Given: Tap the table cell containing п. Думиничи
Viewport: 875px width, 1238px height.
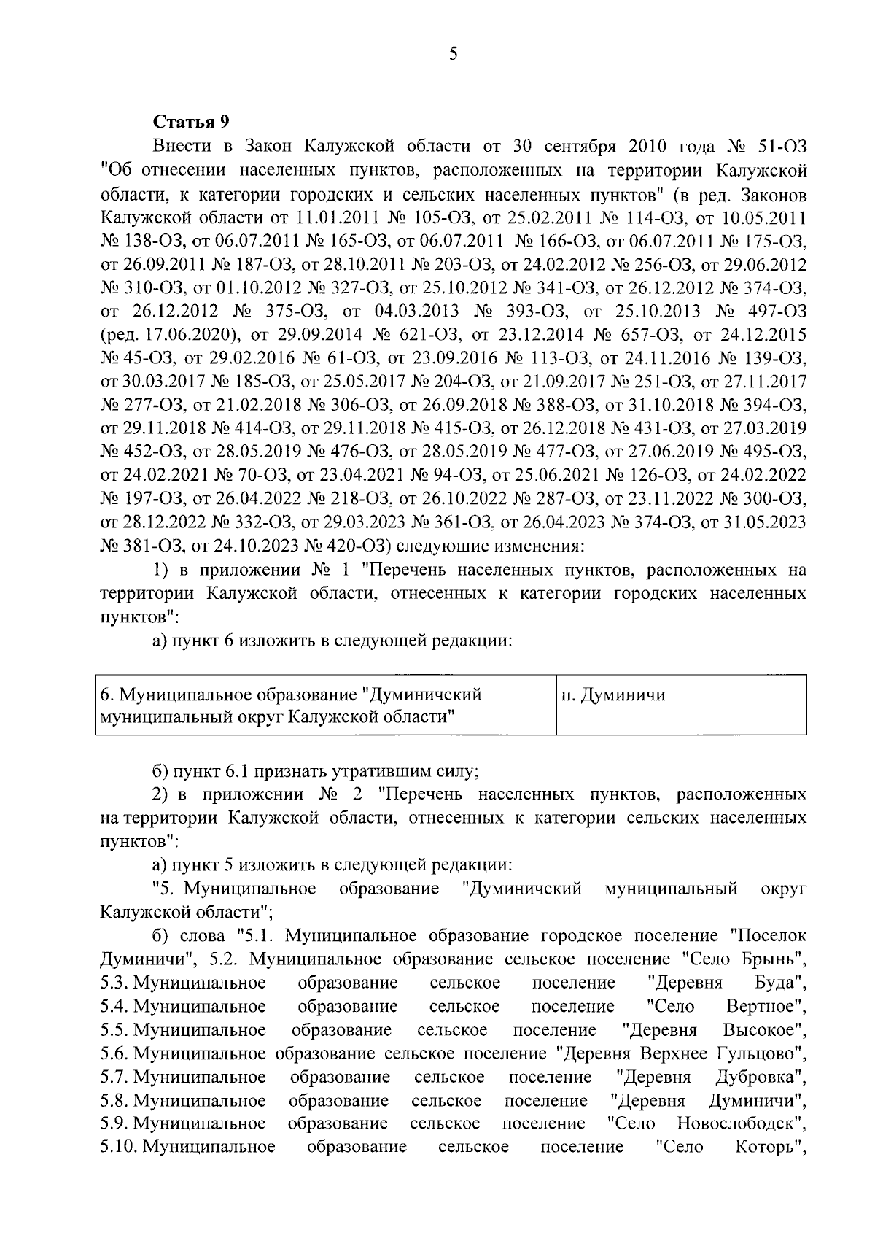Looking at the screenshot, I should tap(680, 703).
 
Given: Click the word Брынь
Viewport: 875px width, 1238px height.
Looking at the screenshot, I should tap(777, 959).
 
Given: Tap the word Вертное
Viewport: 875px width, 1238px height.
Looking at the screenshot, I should tap(766, 1006).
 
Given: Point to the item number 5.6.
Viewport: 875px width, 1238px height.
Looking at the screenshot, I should tap(114, 1053).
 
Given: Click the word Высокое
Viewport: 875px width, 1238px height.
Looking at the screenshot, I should tap(764, 1029).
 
